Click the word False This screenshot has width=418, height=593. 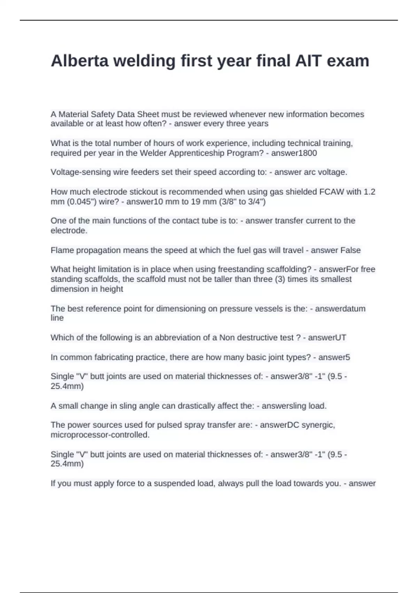coord(350,250)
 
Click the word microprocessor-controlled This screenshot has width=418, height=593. coord(100,435)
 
